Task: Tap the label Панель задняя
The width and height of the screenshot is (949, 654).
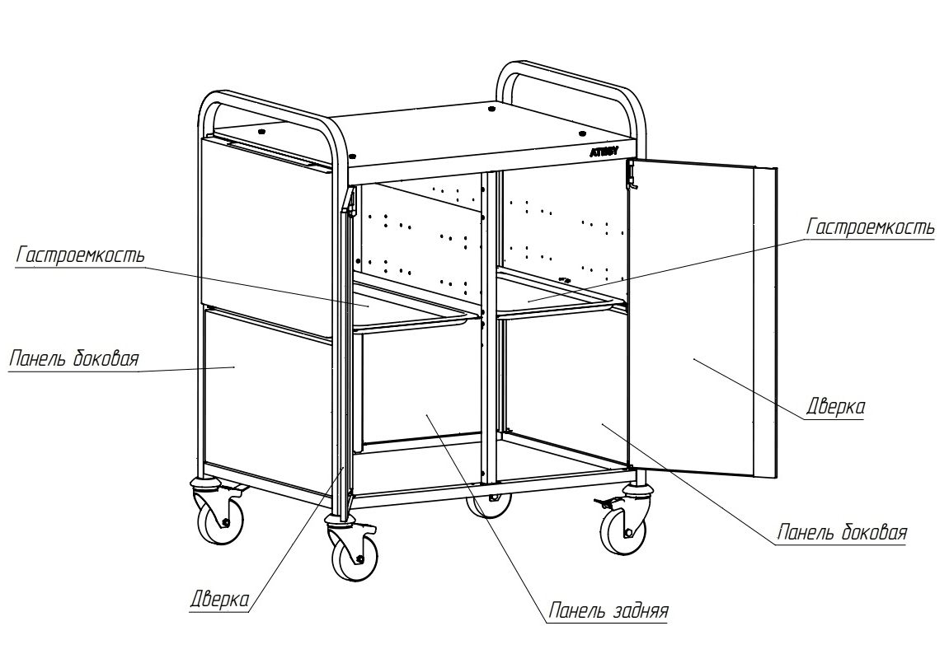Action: click(608, 610)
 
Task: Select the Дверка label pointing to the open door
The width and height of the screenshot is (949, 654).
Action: click(835, 407)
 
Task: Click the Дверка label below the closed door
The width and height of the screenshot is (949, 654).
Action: click(219, 600)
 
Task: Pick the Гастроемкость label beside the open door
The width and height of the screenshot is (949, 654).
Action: click(871, 227)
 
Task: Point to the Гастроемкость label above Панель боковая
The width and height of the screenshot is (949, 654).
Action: click(81, 255)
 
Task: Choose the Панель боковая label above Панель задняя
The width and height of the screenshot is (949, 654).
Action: click(843, 533)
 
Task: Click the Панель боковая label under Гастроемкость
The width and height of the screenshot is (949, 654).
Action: click(74, 358)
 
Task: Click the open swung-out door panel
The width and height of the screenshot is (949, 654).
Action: click(702, 317)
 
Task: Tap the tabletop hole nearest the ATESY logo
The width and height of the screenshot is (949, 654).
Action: click(582, 133)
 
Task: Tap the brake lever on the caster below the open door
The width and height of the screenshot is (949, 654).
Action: click(604, 502)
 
